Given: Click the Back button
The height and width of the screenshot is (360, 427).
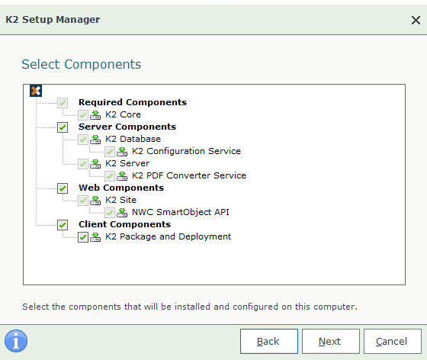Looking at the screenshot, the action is tap(268, 341).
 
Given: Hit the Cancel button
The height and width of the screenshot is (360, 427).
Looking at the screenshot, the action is tap(393, 341).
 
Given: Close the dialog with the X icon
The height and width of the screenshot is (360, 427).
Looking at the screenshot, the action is tap(416, 20).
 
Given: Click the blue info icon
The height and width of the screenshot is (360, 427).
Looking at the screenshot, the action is tap(16, 341).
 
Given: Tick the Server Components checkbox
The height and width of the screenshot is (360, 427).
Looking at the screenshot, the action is tap(63, 127).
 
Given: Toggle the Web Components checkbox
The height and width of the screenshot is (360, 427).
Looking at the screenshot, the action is tap(63, 188).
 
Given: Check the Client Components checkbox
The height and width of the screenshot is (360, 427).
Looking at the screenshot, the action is tap(63, 225).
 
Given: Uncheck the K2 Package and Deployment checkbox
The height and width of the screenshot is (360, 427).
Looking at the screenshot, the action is tap(83, 237).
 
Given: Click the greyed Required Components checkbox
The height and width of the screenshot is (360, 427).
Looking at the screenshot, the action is tap(63, 103).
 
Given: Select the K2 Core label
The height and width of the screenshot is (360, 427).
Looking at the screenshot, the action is tap(123, 114).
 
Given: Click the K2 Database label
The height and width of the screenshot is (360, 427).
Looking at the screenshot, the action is tap(133, 139).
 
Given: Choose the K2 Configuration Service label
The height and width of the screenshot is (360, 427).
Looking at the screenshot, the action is tap(186, 151).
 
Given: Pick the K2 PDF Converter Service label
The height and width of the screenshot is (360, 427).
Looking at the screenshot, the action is tap(189, 175).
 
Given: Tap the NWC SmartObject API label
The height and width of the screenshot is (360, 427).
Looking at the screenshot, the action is tap(180, 212).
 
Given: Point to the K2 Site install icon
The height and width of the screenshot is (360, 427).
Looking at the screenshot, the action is tap(95, 200).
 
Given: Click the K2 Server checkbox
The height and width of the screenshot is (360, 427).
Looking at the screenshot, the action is tap(83, 164).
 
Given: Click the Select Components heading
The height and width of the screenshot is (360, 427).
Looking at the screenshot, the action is tap(81, 65).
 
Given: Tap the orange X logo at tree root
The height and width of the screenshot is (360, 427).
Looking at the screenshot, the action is tap(36, 91).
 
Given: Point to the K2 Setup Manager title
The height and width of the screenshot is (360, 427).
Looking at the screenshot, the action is tap(53, 20).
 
